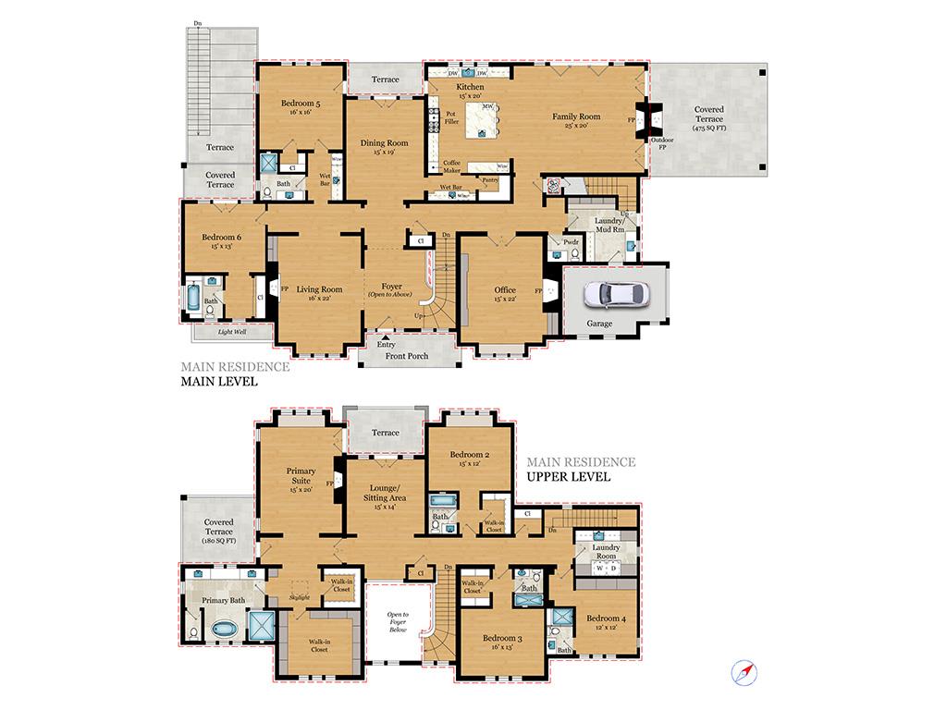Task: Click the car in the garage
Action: click(616, 294)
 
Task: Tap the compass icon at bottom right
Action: click(745, 672)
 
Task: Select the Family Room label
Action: click(576, 116)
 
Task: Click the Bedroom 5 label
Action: click(301, 104)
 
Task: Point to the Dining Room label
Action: click(384, 143)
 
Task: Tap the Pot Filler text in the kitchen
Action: click(451, 117)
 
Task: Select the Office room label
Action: click(505, 290)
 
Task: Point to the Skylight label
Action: click(298, 598)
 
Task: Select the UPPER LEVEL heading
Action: click(568, 478)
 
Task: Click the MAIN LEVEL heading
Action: click(218, 381)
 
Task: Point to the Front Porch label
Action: click(407, 356)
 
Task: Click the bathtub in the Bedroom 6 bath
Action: click(193, 300)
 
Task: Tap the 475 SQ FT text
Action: click(709, 128)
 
